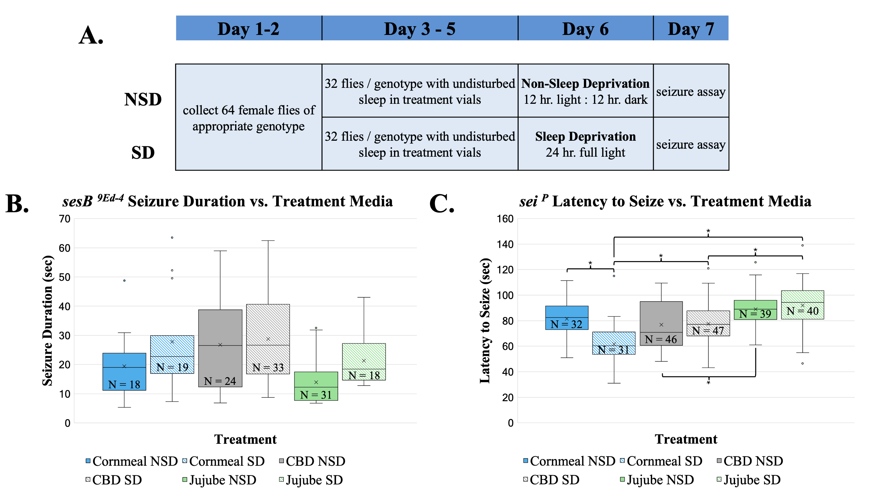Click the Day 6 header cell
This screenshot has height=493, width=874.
(585, 29)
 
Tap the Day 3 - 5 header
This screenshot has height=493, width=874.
(420, 29)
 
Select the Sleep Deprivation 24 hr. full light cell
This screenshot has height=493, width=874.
(585, 144)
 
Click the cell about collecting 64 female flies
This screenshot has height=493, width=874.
(249, 117)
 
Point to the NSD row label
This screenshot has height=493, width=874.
(143, 99)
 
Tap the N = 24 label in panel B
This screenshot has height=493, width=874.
(220, 381)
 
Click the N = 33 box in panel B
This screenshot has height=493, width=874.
(268, 339)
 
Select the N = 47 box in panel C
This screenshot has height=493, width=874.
(708, 323)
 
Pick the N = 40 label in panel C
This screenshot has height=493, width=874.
(802, 311)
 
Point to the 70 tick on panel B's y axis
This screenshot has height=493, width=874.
(65, 219)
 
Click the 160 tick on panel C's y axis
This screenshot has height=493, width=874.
(505, 219)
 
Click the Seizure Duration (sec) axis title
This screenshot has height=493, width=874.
(48, 321)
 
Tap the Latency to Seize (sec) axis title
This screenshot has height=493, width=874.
(485, 321)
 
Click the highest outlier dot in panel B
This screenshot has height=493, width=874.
(172, 238)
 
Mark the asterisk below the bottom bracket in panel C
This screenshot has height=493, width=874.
(708, 383)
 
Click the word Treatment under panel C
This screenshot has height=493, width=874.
(686, 439)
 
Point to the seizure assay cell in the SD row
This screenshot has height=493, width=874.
(691, 144)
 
